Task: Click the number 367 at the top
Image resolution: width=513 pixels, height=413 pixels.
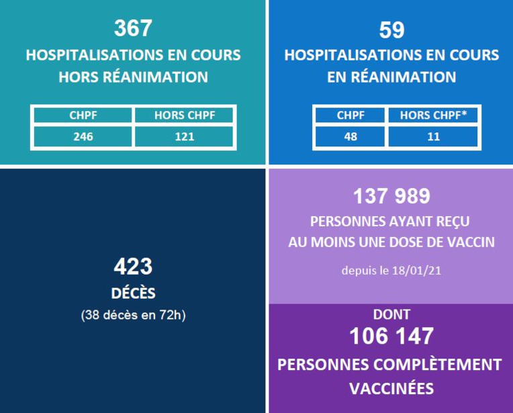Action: [133, 28]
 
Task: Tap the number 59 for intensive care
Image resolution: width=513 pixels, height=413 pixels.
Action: [391, 30]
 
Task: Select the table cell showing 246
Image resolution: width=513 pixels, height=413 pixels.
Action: [83, 136]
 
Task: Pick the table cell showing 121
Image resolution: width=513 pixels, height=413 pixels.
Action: [184, 136]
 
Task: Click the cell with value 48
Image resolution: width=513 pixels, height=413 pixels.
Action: [351, 136]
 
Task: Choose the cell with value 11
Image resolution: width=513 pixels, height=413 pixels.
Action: [433, 136]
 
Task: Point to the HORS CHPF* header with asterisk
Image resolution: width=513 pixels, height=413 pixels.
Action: [433, 116]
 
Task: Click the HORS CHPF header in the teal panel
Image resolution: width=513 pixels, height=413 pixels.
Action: [184, 116]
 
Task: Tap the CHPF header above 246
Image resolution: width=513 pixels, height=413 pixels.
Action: [83, 116]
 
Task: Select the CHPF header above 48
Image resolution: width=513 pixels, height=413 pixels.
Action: [351, 116]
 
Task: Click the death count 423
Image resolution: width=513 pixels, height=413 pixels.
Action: [133, 267]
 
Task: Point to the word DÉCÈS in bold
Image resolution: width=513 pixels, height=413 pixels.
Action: [133, 293]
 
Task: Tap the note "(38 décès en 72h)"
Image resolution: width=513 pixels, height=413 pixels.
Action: [133, 314]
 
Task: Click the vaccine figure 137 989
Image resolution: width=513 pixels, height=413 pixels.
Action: [391, 196]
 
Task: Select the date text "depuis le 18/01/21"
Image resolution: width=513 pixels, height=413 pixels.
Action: [391, 271]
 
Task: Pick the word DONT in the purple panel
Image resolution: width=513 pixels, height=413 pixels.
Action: [391, 314]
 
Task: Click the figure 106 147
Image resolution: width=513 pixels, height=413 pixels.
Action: [391, 336]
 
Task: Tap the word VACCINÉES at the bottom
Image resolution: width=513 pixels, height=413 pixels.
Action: [391, 388]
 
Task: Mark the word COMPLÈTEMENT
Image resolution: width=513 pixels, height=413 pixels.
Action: [432, 365]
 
